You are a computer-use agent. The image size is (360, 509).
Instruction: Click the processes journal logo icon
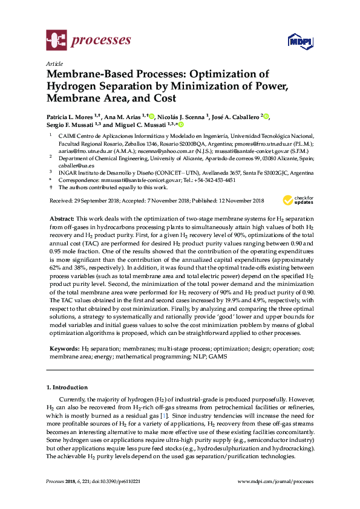point(56,41)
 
